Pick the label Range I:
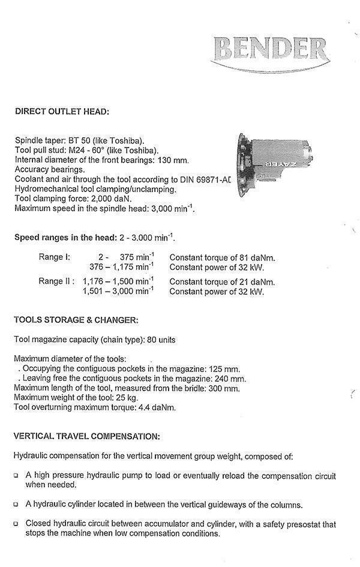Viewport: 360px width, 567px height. pos(55,257)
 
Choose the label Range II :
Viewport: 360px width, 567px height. pos(57,281)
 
